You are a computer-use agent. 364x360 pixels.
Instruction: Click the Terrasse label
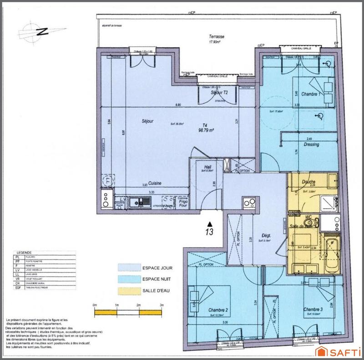[x=217, y=37]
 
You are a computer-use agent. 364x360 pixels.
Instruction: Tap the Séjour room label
[x=147, y=121]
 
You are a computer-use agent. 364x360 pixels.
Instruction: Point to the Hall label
[x=207, y=167]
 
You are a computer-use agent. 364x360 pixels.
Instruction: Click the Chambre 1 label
[x=313, y=94]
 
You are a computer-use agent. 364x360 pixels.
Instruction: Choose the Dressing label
[x=312, y=145]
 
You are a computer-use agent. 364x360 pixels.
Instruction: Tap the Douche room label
[x=308, y=182]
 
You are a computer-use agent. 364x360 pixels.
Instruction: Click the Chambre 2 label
[x=218, y=310]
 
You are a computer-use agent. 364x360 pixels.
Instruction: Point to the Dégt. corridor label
[x=266, y=235]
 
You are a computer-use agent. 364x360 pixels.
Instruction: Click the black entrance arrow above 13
[x=209, y=224]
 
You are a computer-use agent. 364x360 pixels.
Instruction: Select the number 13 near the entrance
[x=209, y=232]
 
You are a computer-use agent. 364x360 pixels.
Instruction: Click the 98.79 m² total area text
[x=206, y=130]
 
